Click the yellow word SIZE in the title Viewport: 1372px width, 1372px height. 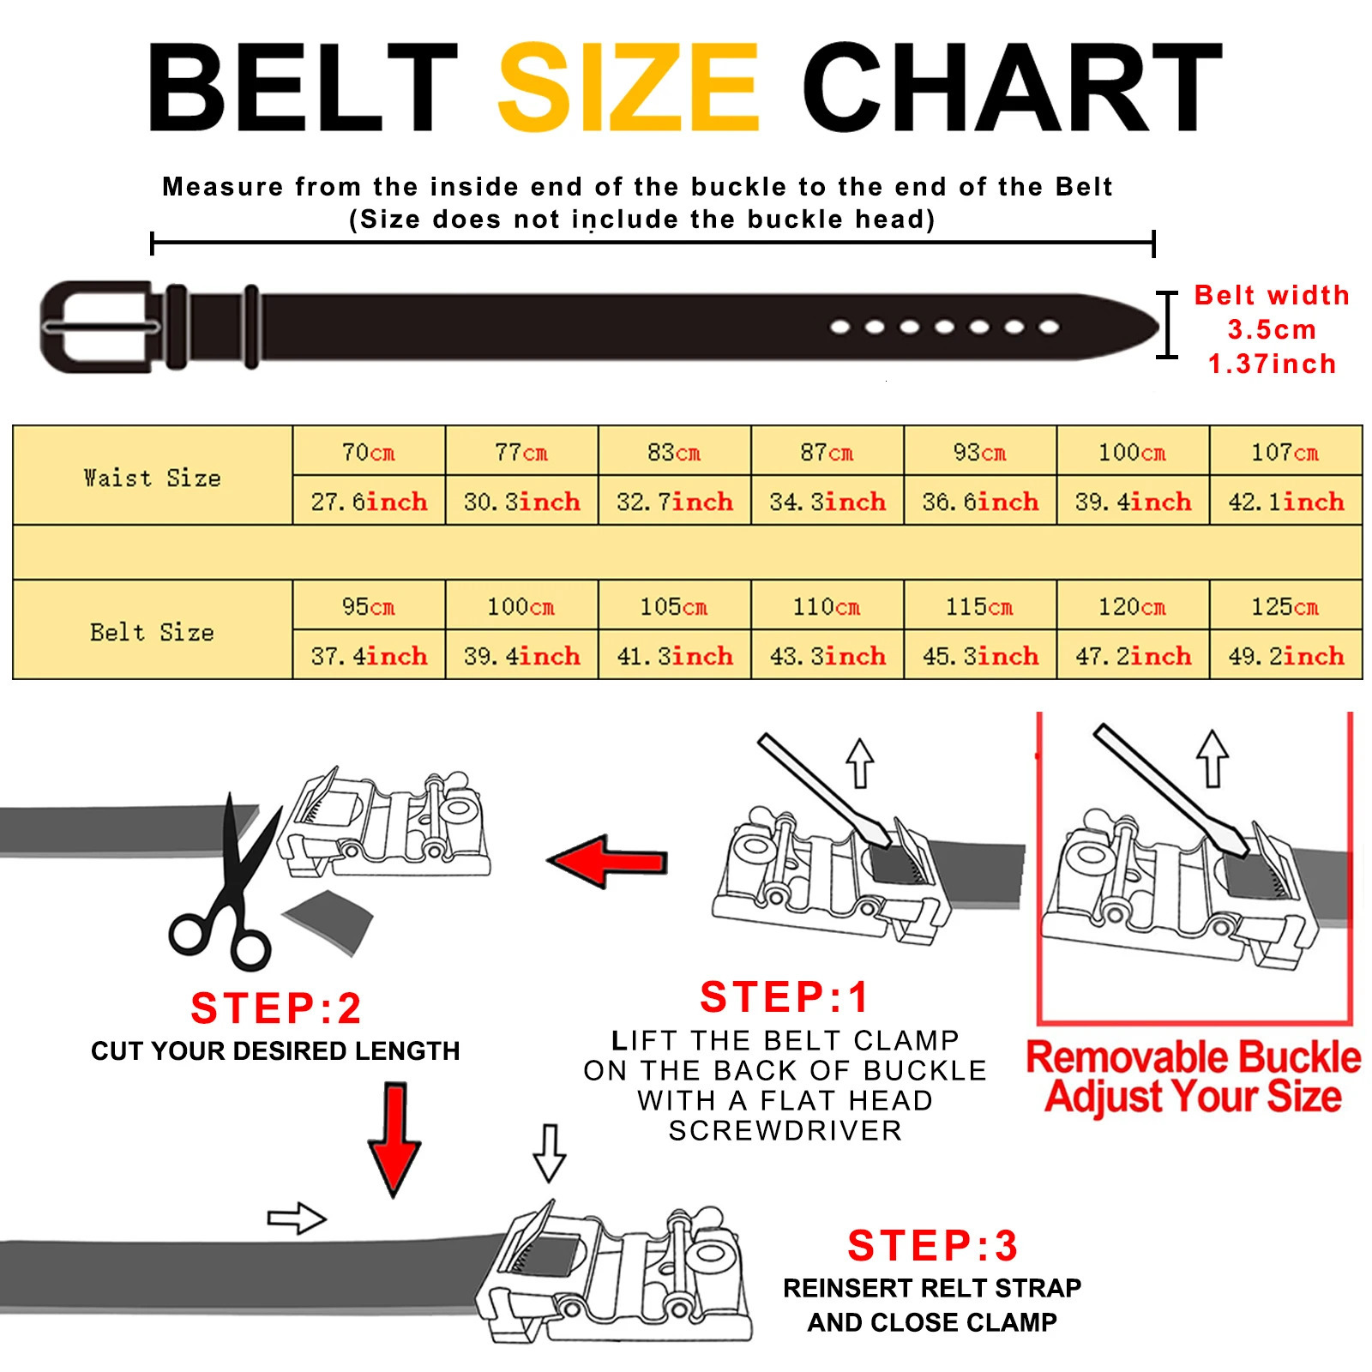pyautogui.click(x=629, y=87)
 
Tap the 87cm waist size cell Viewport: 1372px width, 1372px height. pyautogui.click(x=827, y=452)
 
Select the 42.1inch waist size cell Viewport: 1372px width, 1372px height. pyautogui.click(x=1285, y=502)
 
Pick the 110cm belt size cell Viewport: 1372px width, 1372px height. pyautogui.click(x=827, y=606)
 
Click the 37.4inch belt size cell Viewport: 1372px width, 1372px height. pyautogui.click(x=369, y=656)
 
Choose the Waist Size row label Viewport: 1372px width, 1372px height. pyautogui.click(x=153, y=477)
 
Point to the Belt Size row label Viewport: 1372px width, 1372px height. pyautogui.click(x=153, y=632)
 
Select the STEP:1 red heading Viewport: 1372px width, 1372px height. pyautogui.click(x=785, y=997)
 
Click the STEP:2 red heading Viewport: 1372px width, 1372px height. pyautogui.click(x=275, y=1008)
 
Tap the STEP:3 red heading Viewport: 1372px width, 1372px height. pyautogui.click(x=932, y=1246)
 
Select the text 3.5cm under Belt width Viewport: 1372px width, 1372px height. pyautogui.click(x=1272, y=329)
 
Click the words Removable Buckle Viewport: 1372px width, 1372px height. pyautogui.click(x=1193, y=1057)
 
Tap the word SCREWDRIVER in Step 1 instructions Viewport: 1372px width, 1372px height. pyautogui.click(x=785, y=1131)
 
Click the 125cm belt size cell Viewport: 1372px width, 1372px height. pyautogui.click(x=1285, y=606)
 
